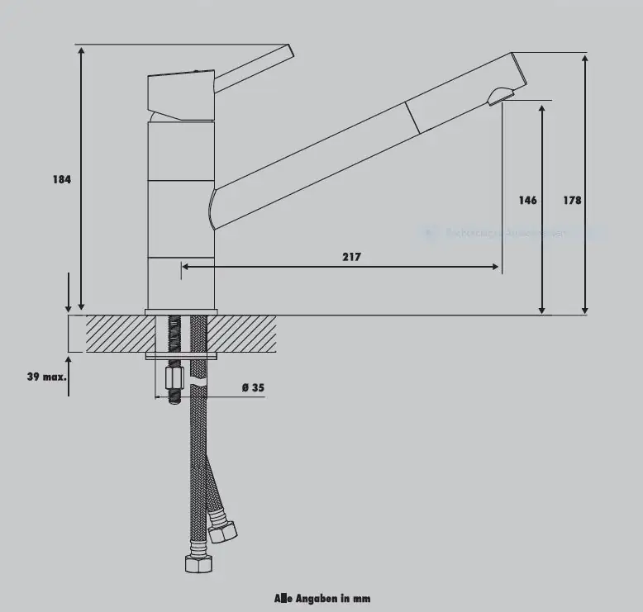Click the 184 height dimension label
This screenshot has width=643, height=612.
62,179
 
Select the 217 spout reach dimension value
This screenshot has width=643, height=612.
351,257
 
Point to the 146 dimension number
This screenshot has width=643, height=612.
527,200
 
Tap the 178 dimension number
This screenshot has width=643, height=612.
572,200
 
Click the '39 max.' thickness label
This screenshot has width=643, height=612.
45,377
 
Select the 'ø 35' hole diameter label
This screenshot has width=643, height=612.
252,387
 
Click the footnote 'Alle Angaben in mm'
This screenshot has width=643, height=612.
322,597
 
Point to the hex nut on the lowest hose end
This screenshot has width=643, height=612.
199,564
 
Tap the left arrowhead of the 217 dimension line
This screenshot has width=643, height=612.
185,267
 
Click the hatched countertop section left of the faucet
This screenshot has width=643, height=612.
116,334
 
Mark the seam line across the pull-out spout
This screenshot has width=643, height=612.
412,118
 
